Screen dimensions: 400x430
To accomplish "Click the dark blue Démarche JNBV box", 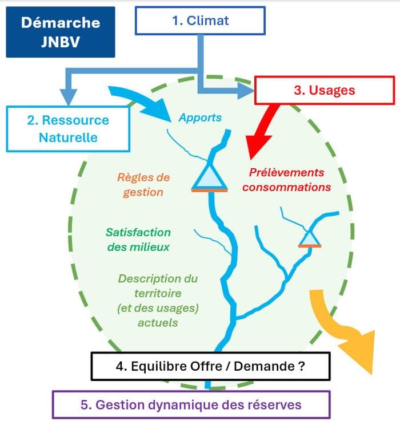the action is [61, 32].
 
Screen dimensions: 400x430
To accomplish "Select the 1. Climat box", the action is [200, 21].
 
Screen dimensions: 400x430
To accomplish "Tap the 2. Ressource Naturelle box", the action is [68, 129].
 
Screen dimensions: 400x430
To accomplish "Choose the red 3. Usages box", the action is [325, 90].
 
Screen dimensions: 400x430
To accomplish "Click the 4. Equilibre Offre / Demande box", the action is [210, 366].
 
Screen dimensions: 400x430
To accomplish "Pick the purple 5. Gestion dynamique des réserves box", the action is [191, 405].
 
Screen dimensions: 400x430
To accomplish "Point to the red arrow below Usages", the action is [261, 132].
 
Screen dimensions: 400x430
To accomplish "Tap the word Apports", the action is [200, 117].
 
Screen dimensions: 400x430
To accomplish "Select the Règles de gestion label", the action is [143, 185].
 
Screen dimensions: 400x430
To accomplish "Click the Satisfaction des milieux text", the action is [138, 240].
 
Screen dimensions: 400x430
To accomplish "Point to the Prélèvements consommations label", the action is [286, 180].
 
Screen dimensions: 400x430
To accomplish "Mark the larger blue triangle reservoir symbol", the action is [210, 177].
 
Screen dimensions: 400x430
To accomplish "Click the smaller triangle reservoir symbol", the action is [310, 238].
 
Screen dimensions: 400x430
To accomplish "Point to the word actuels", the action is [158, 323].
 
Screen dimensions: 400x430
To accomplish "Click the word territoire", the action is [158, 294].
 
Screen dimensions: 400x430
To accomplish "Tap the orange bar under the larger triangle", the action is [210, 190].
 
